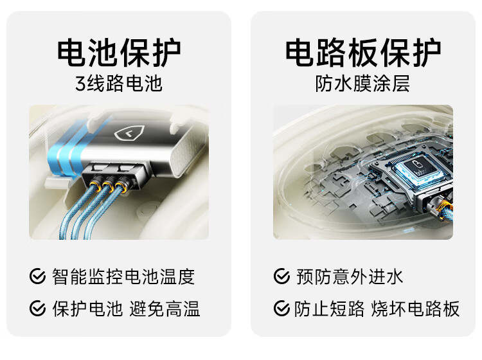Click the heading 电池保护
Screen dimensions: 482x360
(119, 52)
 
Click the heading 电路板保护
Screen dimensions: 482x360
(363, 52)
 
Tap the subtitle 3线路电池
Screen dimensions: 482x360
(119, 84)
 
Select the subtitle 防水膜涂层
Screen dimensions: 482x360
(362, 84)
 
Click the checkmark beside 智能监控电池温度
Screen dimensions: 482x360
(37, 276)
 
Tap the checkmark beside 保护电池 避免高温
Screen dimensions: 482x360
(37, 308)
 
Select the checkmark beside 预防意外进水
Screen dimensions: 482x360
(281, 276)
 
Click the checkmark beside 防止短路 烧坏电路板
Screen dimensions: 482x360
(281, 308)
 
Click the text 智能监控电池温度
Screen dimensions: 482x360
(123, 276)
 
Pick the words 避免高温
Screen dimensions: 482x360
(165, 309)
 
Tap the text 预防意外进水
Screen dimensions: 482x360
(350, 276)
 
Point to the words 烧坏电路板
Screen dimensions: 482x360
(415, 309)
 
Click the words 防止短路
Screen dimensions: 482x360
(329, 309)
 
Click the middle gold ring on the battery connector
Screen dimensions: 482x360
(107, 186)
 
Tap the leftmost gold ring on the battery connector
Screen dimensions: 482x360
(94, 185)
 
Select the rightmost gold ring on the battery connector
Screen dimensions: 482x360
(121, 186)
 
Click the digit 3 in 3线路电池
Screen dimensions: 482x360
(80, 84)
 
